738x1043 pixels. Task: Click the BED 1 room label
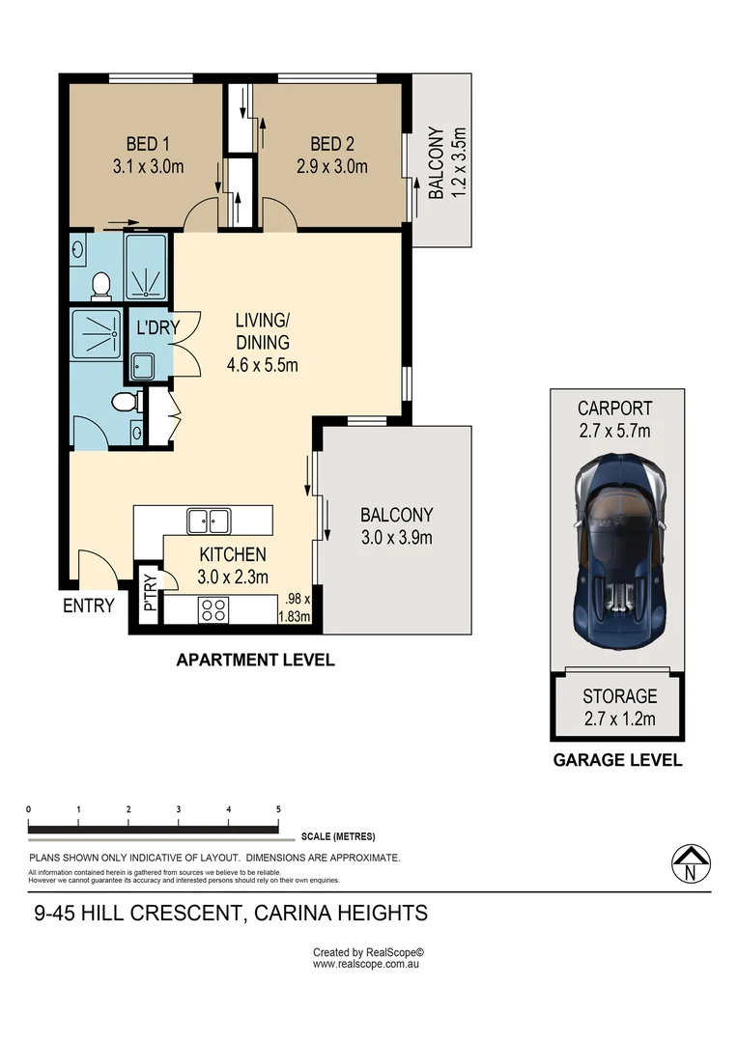pyautogui.click(x=148, y=144)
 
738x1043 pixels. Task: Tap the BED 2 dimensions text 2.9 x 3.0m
pyautogui.click(x=332, y=166)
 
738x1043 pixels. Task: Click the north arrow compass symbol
pyautogui.click(x=691, y=864)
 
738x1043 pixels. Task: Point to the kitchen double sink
pyautogui.click(x=209, y=521)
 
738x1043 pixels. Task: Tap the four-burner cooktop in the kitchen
pyautogui.click(x=213, y=610)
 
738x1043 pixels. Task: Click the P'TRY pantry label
pyautogui.click(x=151, y=593)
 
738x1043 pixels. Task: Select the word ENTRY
pyautogui.click(x=89, y=606)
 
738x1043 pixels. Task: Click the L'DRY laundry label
pyautogui.click(x=158, y=327)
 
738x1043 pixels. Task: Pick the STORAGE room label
pyautogui.click(x=619, y=695)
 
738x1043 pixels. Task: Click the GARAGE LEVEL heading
pyautogui.click(x=617, y=760)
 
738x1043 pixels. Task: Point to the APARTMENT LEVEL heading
pyautogui.click(x=256, y=660)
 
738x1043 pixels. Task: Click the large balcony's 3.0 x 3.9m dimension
pyautogui.click(x=397, y=538)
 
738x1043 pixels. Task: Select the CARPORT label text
pyautogui.click(x=615, y=408)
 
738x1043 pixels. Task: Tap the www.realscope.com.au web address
pyautogui.click(x=366, y=964)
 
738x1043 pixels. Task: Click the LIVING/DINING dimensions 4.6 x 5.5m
pyautogui.click(x=262, y=365)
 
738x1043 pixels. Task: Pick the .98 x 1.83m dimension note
pyautogui.click(x=294, y=608)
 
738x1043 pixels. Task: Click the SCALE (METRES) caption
pyautogui.click(x=338, y=836)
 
